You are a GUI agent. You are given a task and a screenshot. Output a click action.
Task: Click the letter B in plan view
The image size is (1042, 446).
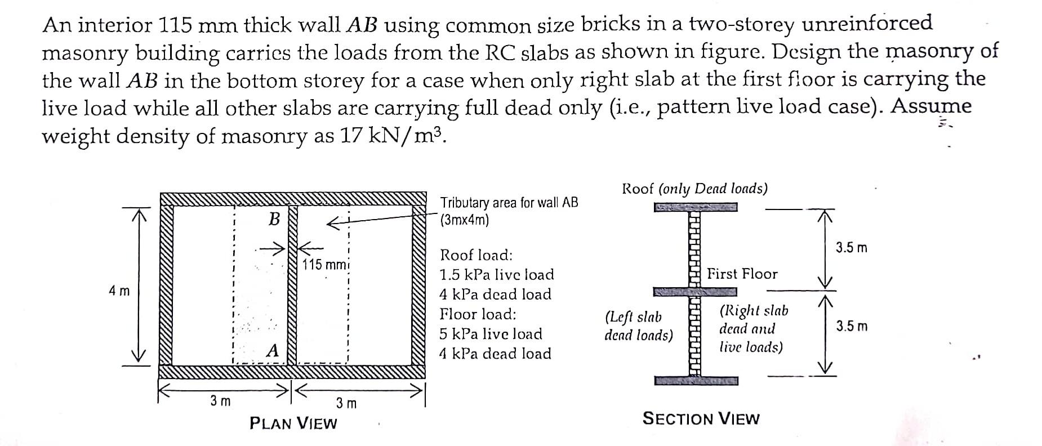click(274, 219)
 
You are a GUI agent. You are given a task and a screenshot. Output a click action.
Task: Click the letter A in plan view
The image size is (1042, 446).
click(273, 351)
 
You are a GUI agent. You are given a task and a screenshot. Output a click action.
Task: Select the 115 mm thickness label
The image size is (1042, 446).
click(325, 264)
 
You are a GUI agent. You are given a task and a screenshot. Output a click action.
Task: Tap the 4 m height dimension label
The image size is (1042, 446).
click(119, 291)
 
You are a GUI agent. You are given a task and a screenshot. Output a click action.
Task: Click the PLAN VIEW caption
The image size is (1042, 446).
click(293, 423)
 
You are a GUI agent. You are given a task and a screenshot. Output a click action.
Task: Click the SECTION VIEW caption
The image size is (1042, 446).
click(701, 419)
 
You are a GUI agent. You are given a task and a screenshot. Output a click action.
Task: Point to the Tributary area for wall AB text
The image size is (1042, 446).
click(509, 211)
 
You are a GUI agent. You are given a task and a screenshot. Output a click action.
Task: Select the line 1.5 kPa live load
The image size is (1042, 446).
click(496, 275)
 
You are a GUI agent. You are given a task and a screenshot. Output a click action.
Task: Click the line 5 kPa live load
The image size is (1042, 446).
click(491, 334)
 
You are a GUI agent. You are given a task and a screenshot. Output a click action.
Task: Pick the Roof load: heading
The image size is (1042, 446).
click(476, 255)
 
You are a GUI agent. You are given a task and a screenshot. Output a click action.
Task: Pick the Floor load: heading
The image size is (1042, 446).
click(478, 314)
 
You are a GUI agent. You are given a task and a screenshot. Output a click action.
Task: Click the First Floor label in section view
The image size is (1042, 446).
click(742, 274)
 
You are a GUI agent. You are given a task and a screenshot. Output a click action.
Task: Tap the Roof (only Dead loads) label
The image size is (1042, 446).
click(694, 189)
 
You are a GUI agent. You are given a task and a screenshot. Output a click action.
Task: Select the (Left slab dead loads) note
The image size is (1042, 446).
click(638, 327)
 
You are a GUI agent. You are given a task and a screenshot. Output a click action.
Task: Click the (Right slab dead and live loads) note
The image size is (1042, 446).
click(753, 329)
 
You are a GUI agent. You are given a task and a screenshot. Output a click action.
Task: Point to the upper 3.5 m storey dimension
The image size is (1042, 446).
click(851, 248)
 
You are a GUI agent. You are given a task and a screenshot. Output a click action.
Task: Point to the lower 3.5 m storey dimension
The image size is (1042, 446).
click(851, 327)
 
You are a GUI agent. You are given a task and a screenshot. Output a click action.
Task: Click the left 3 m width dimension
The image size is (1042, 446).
click(220, 401)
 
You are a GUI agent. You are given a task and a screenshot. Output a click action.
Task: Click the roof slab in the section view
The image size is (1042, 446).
click(695, 208)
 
